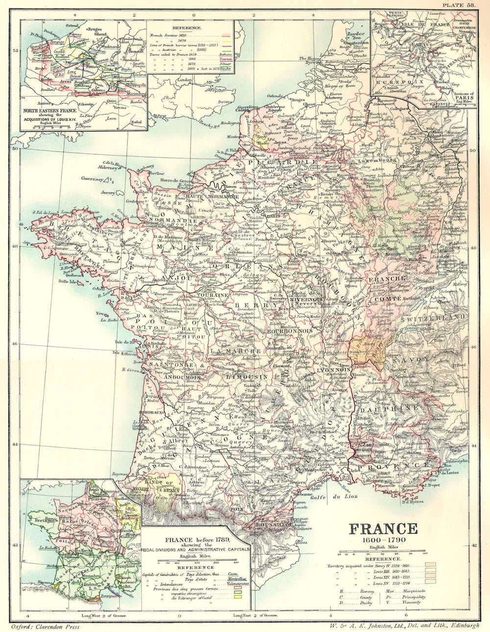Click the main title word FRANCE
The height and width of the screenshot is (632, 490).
click(383, 529)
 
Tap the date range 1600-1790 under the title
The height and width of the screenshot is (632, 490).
click(383, 539)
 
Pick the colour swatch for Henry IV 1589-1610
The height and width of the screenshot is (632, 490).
click(430, 565)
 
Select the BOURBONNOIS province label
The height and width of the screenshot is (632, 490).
click(290, 331)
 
